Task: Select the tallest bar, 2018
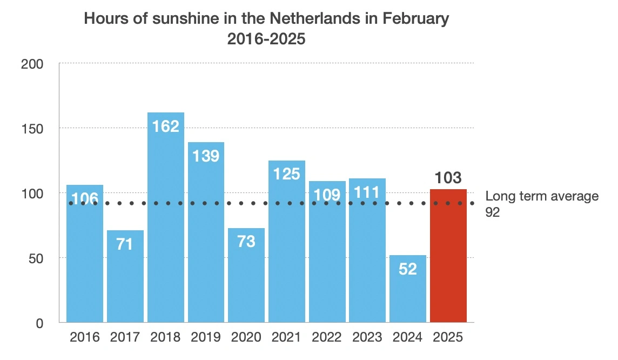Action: pos(166,227)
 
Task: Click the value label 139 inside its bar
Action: pos(206,156)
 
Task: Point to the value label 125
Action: pos(286,174)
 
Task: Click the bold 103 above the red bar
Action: pos(448,178)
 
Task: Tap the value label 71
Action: pos(125,244)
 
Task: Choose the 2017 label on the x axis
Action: pos(125,337)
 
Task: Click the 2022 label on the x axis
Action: pos(327,337)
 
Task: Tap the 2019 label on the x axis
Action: pos(206,337)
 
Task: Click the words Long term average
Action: pos(542,196)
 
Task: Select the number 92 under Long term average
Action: pos(493,213)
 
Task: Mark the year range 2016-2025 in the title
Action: pos(266,39)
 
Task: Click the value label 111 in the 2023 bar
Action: pos(367,192)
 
